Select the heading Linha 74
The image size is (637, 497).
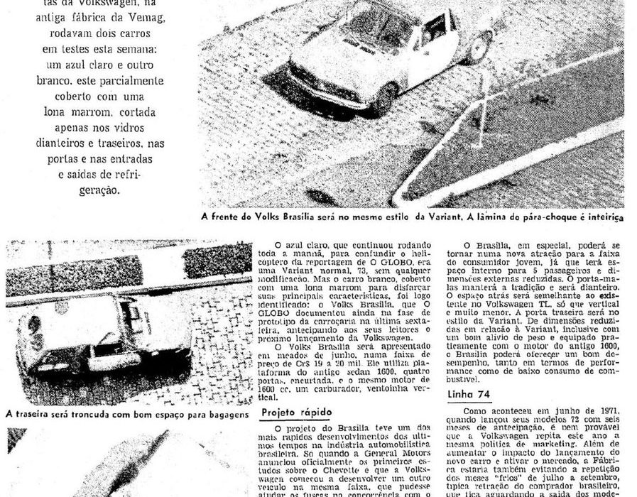click(x=468, y=395)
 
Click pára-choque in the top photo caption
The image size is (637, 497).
click(x=543, y=218)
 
